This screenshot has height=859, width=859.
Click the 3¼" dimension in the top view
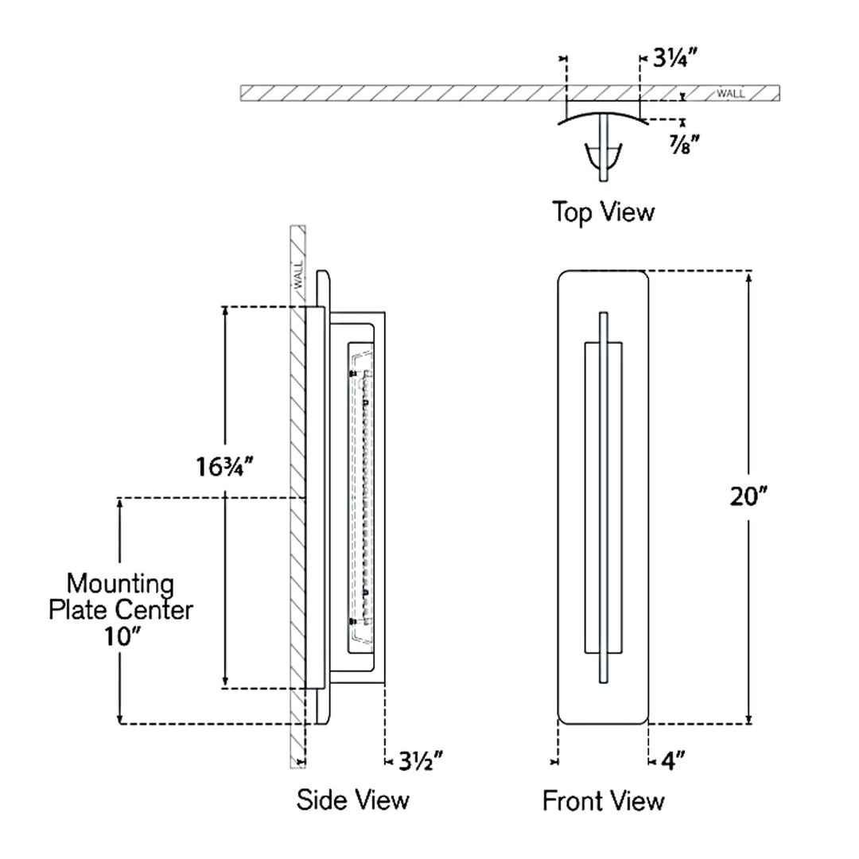tap(675, 57)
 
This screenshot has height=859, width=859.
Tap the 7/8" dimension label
tap(684, 145)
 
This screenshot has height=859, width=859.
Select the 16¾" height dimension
tap(224, 467)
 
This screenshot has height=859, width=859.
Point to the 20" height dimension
tap(748, 496)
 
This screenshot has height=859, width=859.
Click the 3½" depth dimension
tap(420, 761)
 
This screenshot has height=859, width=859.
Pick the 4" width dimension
tap(673, 761)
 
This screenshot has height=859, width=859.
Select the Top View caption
tap(603, 212)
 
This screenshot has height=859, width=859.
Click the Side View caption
tap(353, 800)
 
